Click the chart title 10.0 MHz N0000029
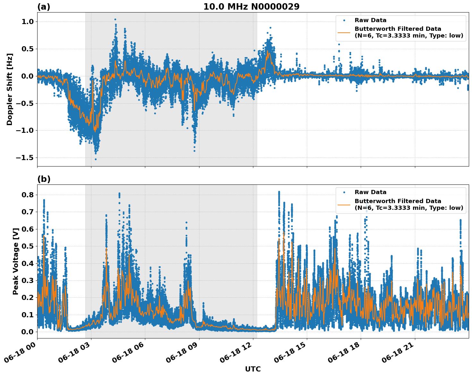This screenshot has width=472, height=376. click(x=251, y=7)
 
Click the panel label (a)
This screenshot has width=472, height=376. click(x=44, y=7)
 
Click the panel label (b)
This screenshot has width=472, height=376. click(x=44, y=179)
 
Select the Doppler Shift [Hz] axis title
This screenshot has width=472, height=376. click(x=10, y=89)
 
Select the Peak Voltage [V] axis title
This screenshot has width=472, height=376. click(x=16, y=261)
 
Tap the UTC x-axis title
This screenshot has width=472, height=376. click(x=253, y=369)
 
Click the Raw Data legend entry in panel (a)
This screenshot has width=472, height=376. click(x=370, y=20)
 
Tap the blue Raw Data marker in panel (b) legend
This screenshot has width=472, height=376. click(x=344, y=192)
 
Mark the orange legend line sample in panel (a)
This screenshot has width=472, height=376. click(x=344, y=32)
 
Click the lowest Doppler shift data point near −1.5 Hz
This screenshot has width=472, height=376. click(x=96, y=159)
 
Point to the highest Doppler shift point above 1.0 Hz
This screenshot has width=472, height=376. click(x=115, y=19)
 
